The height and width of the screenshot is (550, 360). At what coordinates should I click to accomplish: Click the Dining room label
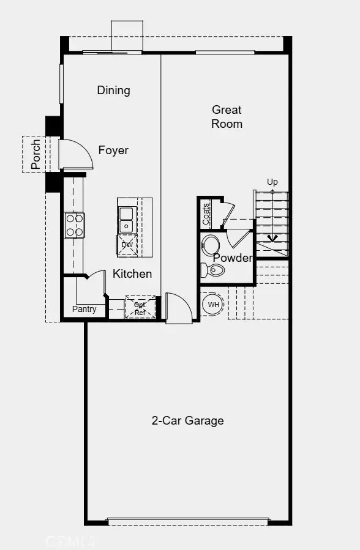pyautogui.click(x=113, y=91)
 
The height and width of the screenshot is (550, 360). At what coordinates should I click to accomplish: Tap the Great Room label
pyautogui.click(x=227, y=117)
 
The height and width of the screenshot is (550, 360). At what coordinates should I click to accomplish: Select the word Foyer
pyautogui.click(x=114, y=150)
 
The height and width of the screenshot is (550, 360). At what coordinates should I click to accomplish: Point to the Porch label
pyautogui.click(x=36, y=154)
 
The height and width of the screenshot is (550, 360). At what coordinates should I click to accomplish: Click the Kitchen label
pyautogui.click(x=132, y=273)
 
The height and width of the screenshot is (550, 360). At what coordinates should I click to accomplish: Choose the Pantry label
pyautogui.click(x=84, y=309)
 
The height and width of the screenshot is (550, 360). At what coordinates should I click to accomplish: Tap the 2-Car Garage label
pyautogui.click(x=188, y=420)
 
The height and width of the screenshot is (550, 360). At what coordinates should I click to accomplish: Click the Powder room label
pyautogui.click(x=233, y=258)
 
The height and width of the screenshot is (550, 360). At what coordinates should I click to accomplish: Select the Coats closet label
pyautogui.click(x=206, y=214)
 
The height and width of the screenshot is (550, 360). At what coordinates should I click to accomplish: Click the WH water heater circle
pyautogui.click(x=213, y=304)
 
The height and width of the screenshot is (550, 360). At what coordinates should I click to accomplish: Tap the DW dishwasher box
pyautogui.click(x=127, y=245)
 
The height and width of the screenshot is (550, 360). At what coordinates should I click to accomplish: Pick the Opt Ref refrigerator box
pyautogui.click(x=140, y=308)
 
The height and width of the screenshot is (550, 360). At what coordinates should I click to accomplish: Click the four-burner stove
pyautogui.click(x=75, y=225)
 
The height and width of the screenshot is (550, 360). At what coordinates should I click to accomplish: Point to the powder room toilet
pyautogui.click(x=214, y=270)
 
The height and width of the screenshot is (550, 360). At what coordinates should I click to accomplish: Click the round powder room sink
pyautogui.click(x=211, y=244)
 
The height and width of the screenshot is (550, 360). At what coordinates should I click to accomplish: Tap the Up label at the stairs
pyautogui.click(x=272, y=182)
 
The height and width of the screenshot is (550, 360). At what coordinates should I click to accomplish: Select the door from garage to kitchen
pyautogui.click(x=178, y=309)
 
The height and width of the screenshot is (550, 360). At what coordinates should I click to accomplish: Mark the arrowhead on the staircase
pyautogui.click(x=272, y=238)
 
